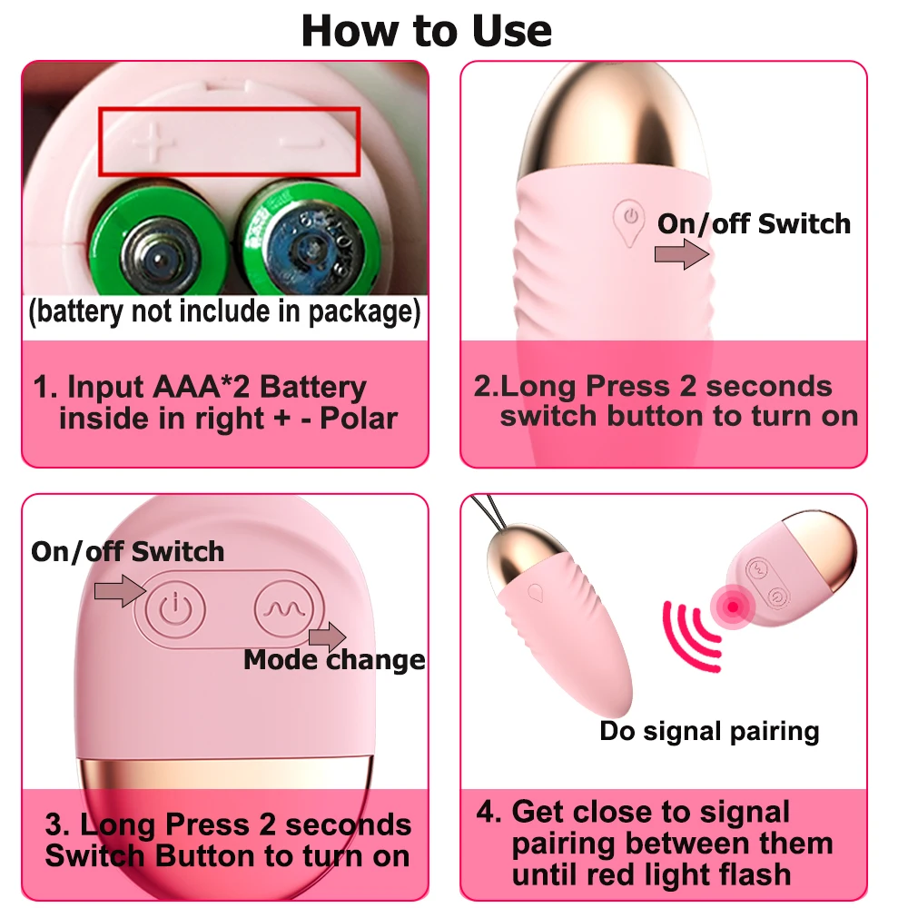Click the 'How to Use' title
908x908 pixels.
coord(427,30)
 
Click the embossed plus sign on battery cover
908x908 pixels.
coord(153,142)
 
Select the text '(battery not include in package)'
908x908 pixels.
coord(224,312)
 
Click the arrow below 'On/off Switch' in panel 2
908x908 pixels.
coord(682,254)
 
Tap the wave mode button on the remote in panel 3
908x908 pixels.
coord(283,608)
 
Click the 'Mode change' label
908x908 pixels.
coord(334,659)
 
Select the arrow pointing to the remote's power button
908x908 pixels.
coord(120,591)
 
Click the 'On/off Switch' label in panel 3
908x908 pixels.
coord(127,551)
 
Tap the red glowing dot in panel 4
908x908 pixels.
coord(733,607)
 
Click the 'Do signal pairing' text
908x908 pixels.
coord(709,731)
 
